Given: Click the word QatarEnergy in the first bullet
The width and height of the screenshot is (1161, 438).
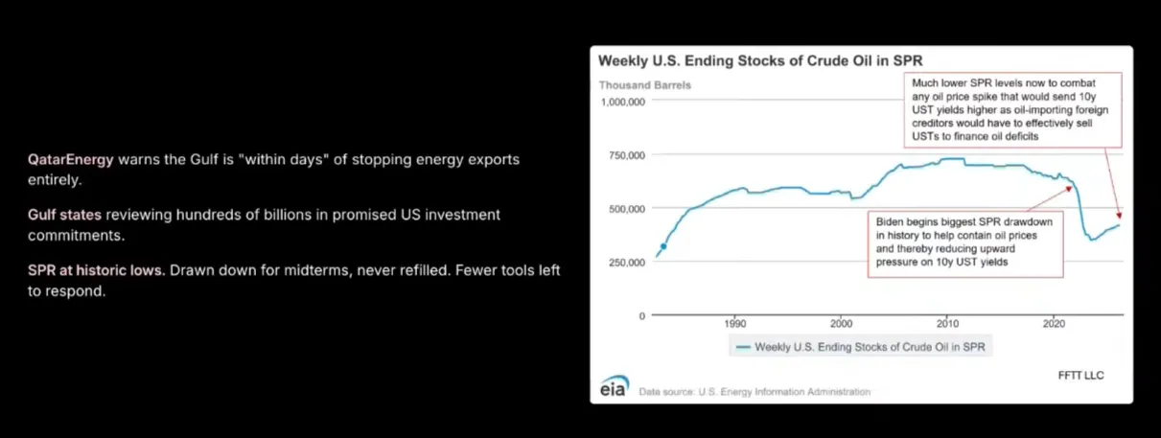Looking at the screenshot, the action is (x=71, y=160).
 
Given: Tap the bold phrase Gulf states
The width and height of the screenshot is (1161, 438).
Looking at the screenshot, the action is (x=65, y=215).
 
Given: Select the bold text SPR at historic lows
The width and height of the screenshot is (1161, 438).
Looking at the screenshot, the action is (x=97, y=270).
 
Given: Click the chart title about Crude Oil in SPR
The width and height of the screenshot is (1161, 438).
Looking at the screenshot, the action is (x=760, y=60).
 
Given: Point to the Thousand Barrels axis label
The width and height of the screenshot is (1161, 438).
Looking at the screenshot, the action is (x=645, y=85).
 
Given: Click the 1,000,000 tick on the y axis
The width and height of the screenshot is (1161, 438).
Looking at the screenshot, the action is (x=623, y=103).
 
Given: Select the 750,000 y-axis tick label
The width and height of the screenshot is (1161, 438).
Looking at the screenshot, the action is (x=627, y=155).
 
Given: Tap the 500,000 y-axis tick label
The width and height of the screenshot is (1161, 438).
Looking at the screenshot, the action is (x=627, y=209).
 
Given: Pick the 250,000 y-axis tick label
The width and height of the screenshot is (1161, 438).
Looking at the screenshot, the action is (x=627, y=263).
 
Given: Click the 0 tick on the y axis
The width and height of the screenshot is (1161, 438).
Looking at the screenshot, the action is (x=642, y=316).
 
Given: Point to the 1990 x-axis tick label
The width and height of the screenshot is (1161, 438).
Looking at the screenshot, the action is (x=735, y=324).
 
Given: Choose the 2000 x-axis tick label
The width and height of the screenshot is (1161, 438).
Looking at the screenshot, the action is (x=841, y=324).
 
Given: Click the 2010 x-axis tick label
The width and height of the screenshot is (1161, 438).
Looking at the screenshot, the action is (x=947, y=324).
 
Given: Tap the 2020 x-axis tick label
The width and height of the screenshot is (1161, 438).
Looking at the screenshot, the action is (x=1054, y=324).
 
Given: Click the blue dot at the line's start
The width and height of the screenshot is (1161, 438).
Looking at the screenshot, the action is (x=663, y=246).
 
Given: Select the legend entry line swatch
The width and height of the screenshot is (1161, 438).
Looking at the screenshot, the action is (x=743, y=347).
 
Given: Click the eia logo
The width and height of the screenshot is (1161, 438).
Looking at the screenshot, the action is (x=615, y=386).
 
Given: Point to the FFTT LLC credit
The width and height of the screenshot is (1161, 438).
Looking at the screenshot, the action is (x=1081, y=376).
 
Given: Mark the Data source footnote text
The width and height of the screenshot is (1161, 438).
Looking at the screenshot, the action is (x=755, y=392).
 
